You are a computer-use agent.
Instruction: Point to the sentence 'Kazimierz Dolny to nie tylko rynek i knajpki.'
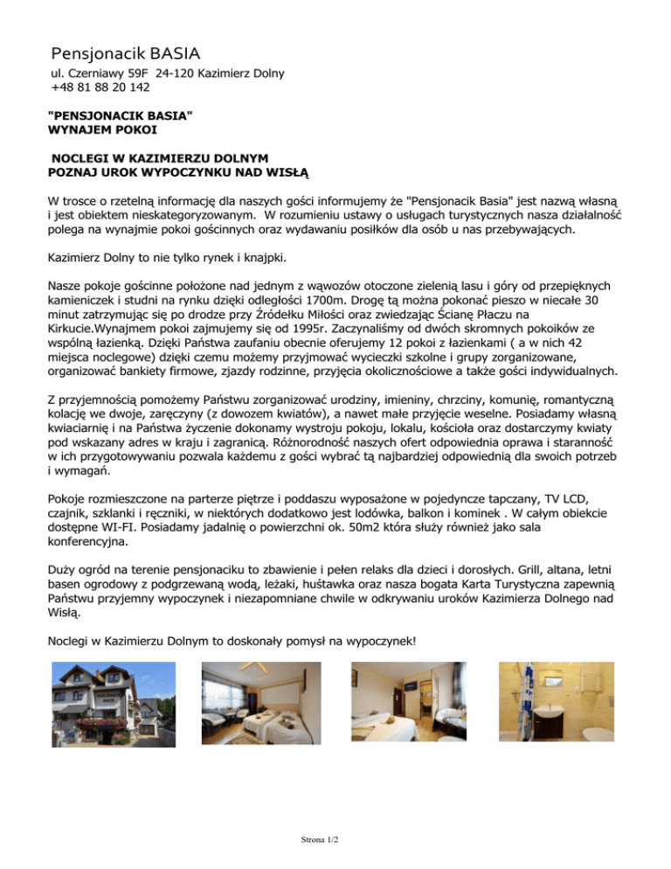click(167, 259)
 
